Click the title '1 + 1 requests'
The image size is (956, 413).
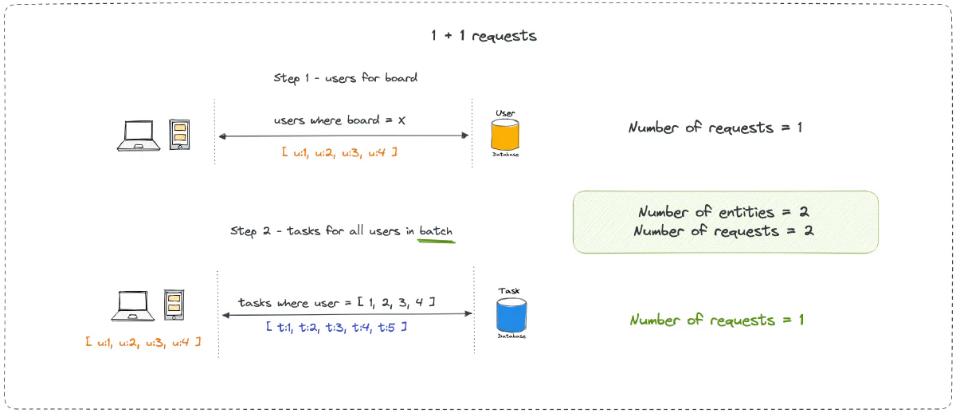484,36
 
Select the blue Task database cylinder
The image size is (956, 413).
511,315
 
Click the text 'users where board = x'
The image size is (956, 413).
340,120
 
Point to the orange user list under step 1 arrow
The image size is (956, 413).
339,151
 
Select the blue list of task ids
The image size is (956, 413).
337,327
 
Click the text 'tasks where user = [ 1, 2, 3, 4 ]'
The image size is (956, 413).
336,302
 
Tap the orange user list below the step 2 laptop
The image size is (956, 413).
143,342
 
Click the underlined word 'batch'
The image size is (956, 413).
436,231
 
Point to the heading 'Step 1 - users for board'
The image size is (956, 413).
345,78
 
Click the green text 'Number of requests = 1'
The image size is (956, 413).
717,321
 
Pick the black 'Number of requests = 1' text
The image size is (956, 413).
715,128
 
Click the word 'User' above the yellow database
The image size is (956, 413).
505,114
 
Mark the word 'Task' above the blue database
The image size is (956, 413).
509,291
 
